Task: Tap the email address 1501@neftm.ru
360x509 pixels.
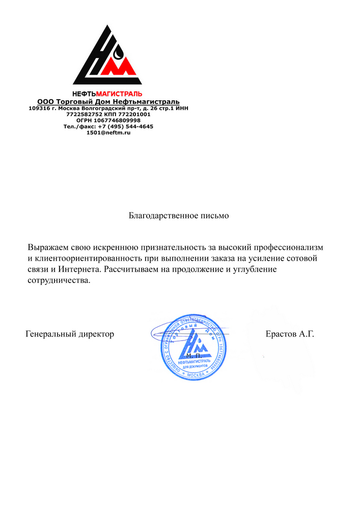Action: click(108, 132)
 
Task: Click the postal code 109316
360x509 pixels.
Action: click(39, 108)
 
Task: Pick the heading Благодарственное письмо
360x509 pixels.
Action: click(179, 215)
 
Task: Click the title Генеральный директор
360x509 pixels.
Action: click(70, 334)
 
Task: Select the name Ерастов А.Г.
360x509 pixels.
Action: click(290, 334)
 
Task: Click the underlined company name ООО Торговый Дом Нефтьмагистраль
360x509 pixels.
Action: click(108, 101)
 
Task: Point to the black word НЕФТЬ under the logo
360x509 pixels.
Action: click(84, 94)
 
